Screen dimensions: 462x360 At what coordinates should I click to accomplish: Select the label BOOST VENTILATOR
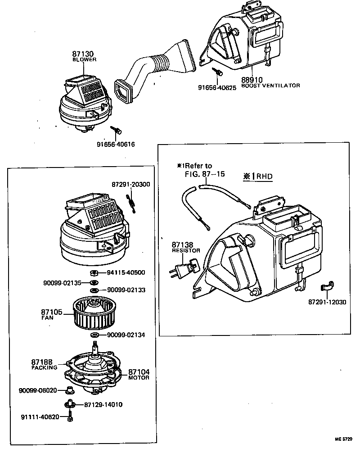pyautogui.click(x=270, y=86)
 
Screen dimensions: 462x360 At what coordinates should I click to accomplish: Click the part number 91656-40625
pyautogui.click(x=217, y=87)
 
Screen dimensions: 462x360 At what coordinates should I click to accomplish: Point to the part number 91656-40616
pyautogui.click(x=116, y=145)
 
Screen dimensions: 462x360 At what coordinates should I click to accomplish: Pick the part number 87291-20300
pyautogui.click(x=131, y=184)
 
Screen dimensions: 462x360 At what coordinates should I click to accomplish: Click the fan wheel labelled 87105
pyautogui.click(x=94, y=313)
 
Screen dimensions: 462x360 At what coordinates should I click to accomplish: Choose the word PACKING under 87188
pyautogui.click(x=44, y=367)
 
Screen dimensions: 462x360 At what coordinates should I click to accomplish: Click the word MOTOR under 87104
pyautogui.click(x=139, y=378)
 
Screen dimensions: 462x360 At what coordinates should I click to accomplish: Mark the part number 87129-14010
pyautogui.click(x=103, y=404)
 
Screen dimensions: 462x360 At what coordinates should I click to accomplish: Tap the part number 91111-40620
pyautogui.click(x=40, y=417)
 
